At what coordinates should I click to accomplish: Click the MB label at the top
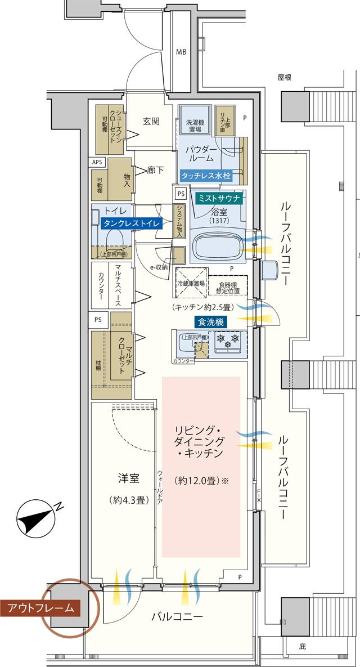pyautogui.click(x=181, y=52)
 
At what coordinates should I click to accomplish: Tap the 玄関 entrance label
pyautogui.click(x=151, y=120)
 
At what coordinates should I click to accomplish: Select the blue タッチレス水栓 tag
pyautogui.click(x=205, y=175)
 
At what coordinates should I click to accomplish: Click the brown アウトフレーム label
pyautogui.click(x=40, y=607)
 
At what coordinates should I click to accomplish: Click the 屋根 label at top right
pyautogui.click(x=285, y=78)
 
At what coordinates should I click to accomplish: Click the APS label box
pyautogui.click(x=98, y=162)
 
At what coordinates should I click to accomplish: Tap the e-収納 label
pyautogui.click(x=159, y=267)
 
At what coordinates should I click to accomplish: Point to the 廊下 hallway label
pyautogui.click(x=155, y=169)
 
